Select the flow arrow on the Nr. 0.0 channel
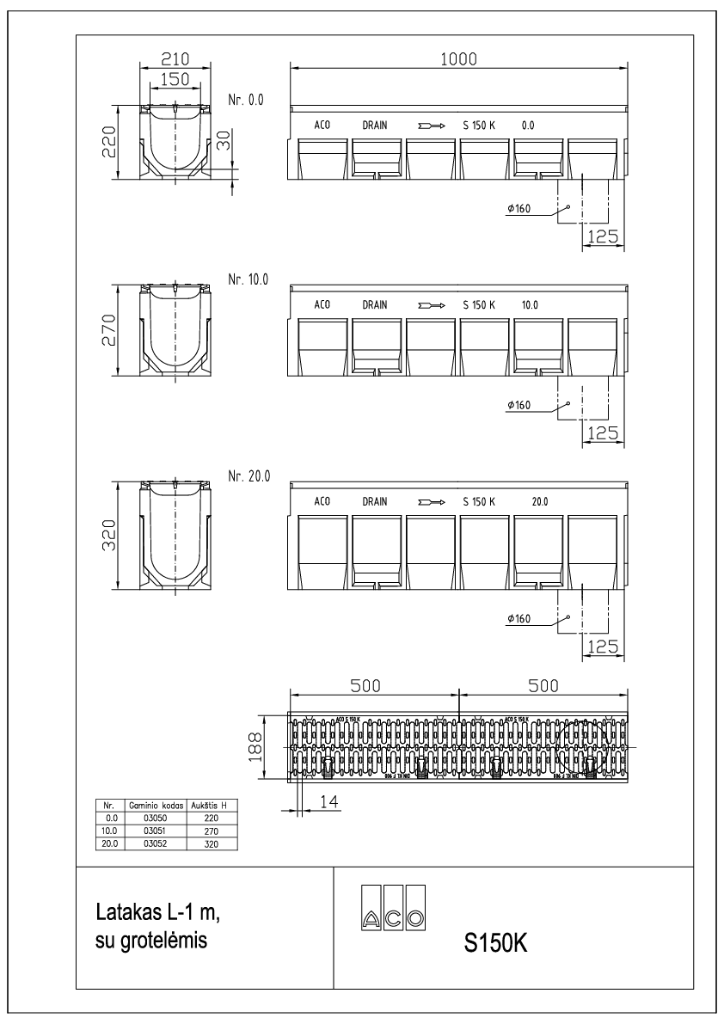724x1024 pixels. [430, 126]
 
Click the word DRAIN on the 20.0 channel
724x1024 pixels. [375, 500]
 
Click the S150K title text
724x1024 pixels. [494, 942]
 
